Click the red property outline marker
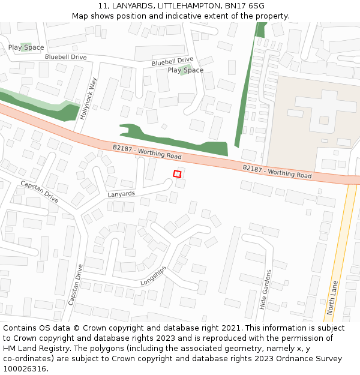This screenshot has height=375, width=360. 177,174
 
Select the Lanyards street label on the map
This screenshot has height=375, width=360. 121,194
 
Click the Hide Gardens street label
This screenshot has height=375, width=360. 266,290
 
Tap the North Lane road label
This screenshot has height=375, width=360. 333,297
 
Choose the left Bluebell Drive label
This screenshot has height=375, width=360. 65,57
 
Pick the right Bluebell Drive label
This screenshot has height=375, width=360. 172,61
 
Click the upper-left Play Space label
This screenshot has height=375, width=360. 26,47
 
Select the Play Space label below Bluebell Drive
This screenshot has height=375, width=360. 185,70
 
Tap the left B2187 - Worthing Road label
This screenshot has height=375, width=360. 147,151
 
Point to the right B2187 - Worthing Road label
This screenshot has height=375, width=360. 277,172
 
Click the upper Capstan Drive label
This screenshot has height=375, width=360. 39,191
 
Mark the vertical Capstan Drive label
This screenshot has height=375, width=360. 76,284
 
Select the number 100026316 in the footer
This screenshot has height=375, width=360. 24,369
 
